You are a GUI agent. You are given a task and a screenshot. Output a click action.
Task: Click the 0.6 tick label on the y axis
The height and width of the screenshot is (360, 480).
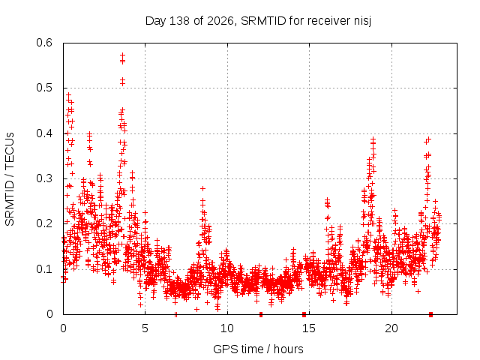coord(44,43)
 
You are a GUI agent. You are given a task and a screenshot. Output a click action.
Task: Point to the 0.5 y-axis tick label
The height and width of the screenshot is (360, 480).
coord(44,88)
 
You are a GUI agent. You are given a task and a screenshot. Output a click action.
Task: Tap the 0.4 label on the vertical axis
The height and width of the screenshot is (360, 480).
coord(44,133)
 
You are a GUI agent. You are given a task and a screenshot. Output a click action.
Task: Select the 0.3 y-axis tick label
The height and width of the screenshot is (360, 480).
coord(44,178)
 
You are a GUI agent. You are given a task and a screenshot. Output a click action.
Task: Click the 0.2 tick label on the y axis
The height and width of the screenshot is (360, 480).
coord(44,223)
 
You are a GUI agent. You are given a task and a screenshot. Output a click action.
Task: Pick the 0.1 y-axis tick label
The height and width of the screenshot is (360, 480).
coord(44,269)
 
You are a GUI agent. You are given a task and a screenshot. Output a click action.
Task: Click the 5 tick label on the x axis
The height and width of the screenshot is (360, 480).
coord(145,328)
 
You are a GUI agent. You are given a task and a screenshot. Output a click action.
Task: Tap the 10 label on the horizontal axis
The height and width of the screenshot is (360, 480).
coord(227,328)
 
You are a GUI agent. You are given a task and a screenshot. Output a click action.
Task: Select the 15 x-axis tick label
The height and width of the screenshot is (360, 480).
coord(309,328)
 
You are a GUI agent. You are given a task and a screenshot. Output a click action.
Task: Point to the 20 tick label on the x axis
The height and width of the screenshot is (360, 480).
coord(391,328)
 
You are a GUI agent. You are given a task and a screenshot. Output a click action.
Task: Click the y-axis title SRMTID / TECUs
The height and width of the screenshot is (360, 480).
coord(10,179)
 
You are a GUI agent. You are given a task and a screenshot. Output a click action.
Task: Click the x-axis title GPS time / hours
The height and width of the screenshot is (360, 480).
coord(258,349)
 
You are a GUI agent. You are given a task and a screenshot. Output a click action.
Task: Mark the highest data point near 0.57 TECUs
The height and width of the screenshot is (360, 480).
coord(123,55)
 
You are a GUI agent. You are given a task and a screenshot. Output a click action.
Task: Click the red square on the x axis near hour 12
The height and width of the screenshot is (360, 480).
coord(261,314)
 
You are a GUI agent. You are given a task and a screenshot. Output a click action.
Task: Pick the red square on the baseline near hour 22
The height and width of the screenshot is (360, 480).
coord(430,314)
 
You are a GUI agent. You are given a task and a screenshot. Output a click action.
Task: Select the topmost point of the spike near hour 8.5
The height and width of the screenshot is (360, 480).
coord(202,188)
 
